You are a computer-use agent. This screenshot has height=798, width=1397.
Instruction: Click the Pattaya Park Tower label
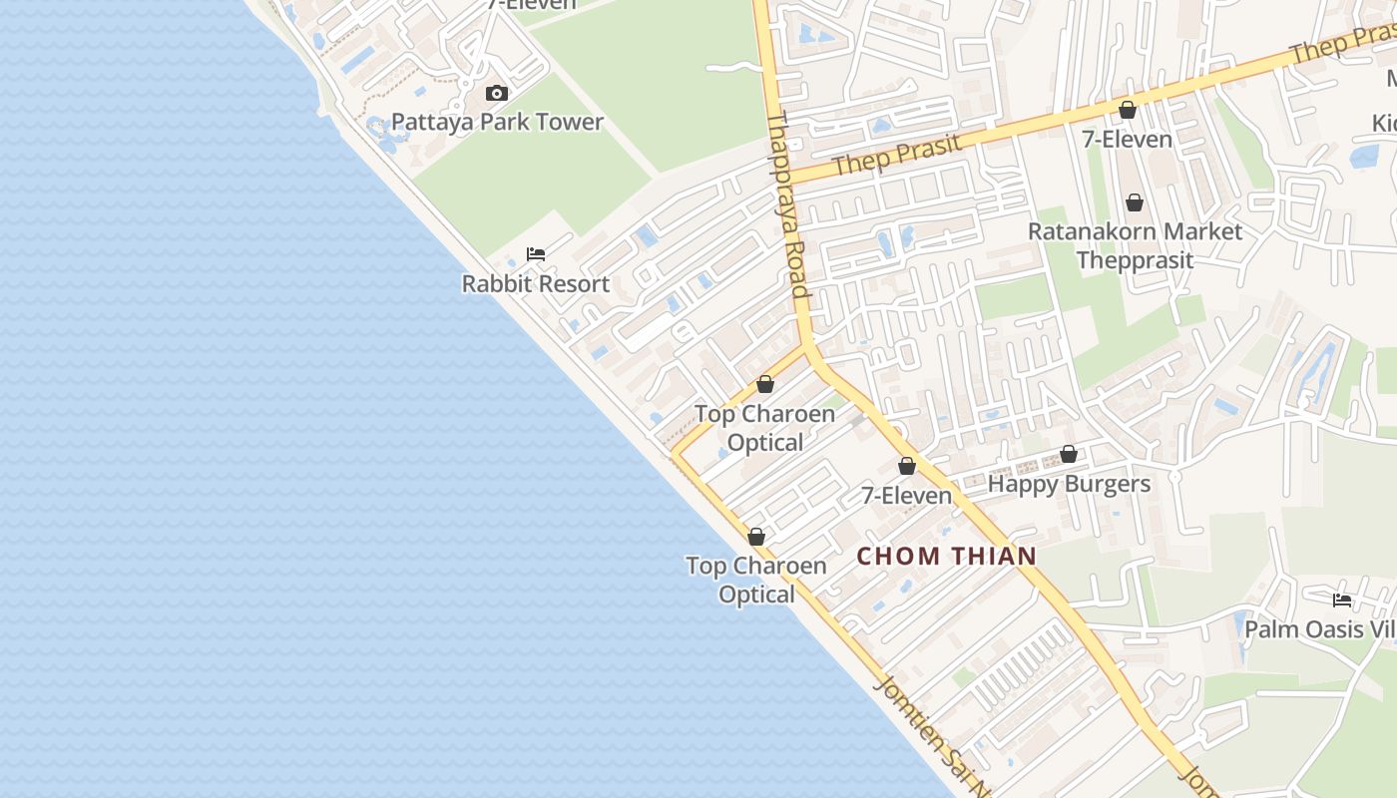pos(497,122)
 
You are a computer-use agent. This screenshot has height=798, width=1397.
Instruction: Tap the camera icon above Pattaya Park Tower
pos(496,93)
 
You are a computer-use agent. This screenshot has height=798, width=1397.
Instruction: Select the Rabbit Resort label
pos(535,283)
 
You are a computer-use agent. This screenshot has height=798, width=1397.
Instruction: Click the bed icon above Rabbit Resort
pos(536,253)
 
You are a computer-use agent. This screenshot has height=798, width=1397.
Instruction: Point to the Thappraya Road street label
pos(786,204)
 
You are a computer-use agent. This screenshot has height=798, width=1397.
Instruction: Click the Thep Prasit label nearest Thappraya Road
pos(897,155)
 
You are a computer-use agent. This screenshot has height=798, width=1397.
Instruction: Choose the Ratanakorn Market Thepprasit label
pos(1135,245)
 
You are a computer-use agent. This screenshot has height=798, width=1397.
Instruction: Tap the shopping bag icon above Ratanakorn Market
pos(1135,202)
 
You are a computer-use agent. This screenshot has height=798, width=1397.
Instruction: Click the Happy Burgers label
pos(1069,484)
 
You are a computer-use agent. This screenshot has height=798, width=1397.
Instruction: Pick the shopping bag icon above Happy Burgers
pos(1069,454)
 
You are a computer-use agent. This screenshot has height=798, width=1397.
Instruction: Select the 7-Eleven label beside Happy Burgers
pos(906,495)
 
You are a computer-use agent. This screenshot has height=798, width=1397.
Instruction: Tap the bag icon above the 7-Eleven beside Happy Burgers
pos(907,465)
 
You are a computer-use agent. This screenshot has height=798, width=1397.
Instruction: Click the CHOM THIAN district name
pos(947,556)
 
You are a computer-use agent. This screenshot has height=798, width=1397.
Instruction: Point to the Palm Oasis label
pos(1317,629)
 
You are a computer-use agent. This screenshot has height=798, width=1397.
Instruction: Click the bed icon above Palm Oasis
pos(1342,599)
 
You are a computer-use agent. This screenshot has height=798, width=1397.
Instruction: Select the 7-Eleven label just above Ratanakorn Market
pos(1127,139)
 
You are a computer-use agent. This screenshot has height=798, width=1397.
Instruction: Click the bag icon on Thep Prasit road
pos(1128,109)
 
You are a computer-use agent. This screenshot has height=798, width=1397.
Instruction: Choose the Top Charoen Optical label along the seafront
pos(756,580)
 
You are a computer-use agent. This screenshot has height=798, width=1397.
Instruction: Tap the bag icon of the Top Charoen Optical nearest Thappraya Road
pos(765,383)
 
